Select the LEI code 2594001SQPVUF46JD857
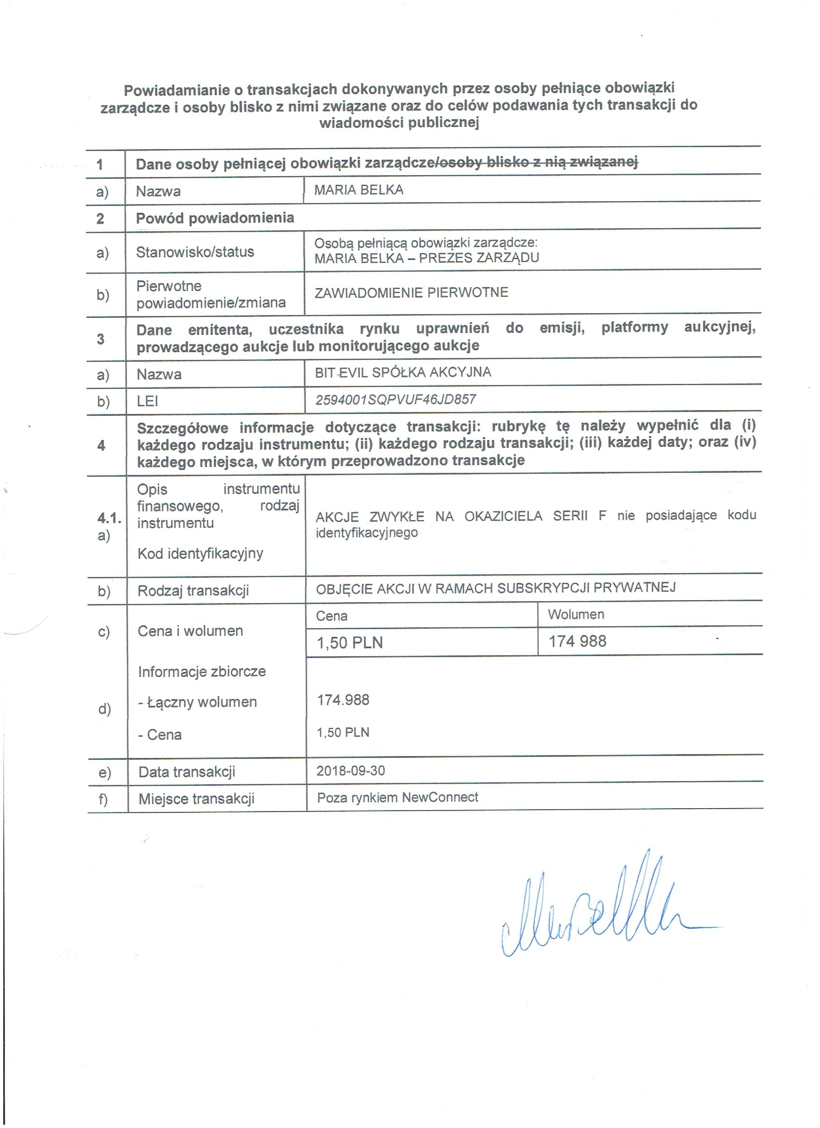coord(396,399)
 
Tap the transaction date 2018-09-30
coord(351,770)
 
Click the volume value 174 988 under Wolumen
coord(577,641)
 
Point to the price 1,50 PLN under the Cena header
coord(350,643)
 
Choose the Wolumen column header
coord(575,614)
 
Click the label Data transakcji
coord(187,772)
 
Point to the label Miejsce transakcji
coord(196,799)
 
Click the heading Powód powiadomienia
coord(215,218)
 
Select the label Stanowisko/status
coord(195,252)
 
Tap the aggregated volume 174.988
coord(343,700)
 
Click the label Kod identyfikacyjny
coord(200,553)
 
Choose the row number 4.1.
coord(109,518)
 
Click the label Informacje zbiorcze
coord(202,672)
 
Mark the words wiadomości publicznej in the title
coord(399,123)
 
